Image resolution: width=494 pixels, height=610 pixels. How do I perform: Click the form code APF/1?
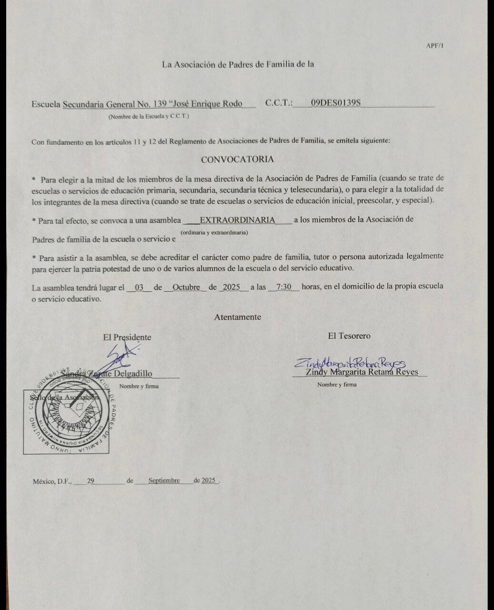pos(435,46)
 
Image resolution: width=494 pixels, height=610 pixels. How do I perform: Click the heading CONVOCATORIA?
pos(237,160)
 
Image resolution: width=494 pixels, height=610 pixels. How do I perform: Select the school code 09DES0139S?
pos(336,103)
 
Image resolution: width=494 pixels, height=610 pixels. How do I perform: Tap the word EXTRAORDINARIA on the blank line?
pos(237,220)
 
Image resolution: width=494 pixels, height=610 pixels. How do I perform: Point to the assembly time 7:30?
pos(284,287)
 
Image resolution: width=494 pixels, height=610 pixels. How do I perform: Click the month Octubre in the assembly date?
pos(186,287)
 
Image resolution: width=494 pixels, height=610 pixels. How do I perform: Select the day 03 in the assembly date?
pos(139,287)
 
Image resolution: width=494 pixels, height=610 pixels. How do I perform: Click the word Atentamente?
pos(237,317)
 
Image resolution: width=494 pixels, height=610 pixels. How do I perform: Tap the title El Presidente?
pos(127,337)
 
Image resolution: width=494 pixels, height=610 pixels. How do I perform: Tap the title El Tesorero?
pos(349,336)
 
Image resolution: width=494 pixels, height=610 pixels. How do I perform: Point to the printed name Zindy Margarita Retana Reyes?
pos(362,372)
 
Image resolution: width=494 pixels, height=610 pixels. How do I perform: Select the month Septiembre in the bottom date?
pos(164,480)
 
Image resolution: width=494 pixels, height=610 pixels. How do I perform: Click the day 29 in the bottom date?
pos(90,481)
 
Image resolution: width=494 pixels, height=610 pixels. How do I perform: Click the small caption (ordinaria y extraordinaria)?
pos(214,232)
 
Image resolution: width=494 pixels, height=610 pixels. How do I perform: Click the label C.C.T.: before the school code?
pos(279,103)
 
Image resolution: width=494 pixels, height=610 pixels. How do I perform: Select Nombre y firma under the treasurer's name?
pos(336,385)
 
